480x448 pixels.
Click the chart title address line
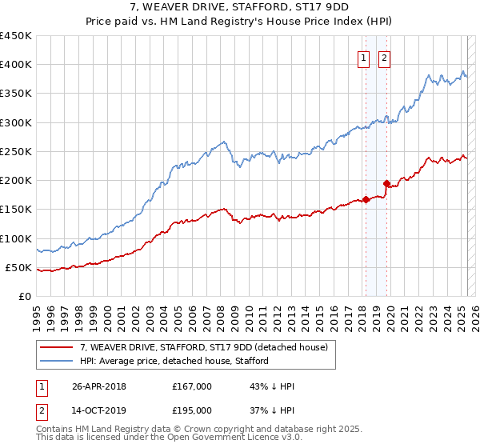[239, 9]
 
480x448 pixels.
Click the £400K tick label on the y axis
[15, 65]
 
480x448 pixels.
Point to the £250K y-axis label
[15, 151]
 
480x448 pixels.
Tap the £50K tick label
[18, 267]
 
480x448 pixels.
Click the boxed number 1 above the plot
[363, 58]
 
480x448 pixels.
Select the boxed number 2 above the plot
[384, 58]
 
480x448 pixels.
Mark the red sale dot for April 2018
[366, 200]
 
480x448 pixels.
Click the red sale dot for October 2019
[386, 183]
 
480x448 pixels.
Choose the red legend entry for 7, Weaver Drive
[204, 347]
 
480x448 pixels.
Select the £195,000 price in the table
[192, 410]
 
